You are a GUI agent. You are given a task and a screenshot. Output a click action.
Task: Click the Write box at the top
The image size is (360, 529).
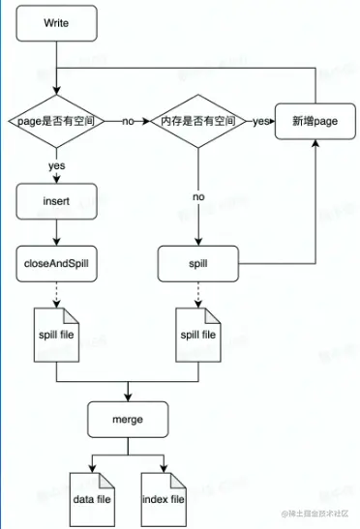pyautogui.click(x=57, y=22)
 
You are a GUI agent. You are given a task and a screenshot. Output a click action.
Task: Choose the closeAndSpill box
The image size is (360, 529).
pyautogui.click(x=57, y=261)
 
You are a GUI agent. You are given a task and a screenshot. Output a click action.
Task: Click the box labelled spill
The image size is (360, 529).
pyautogui.click(x=198, y=261)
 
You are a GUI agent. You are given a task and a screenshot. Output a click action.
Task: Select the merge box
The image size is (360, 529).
pyautogui.click(x=128, y=420)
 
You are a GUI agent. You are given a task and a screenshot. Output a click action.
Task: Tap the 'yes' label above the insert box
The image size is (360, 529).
pyautogui.click(x=57, y=165)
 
